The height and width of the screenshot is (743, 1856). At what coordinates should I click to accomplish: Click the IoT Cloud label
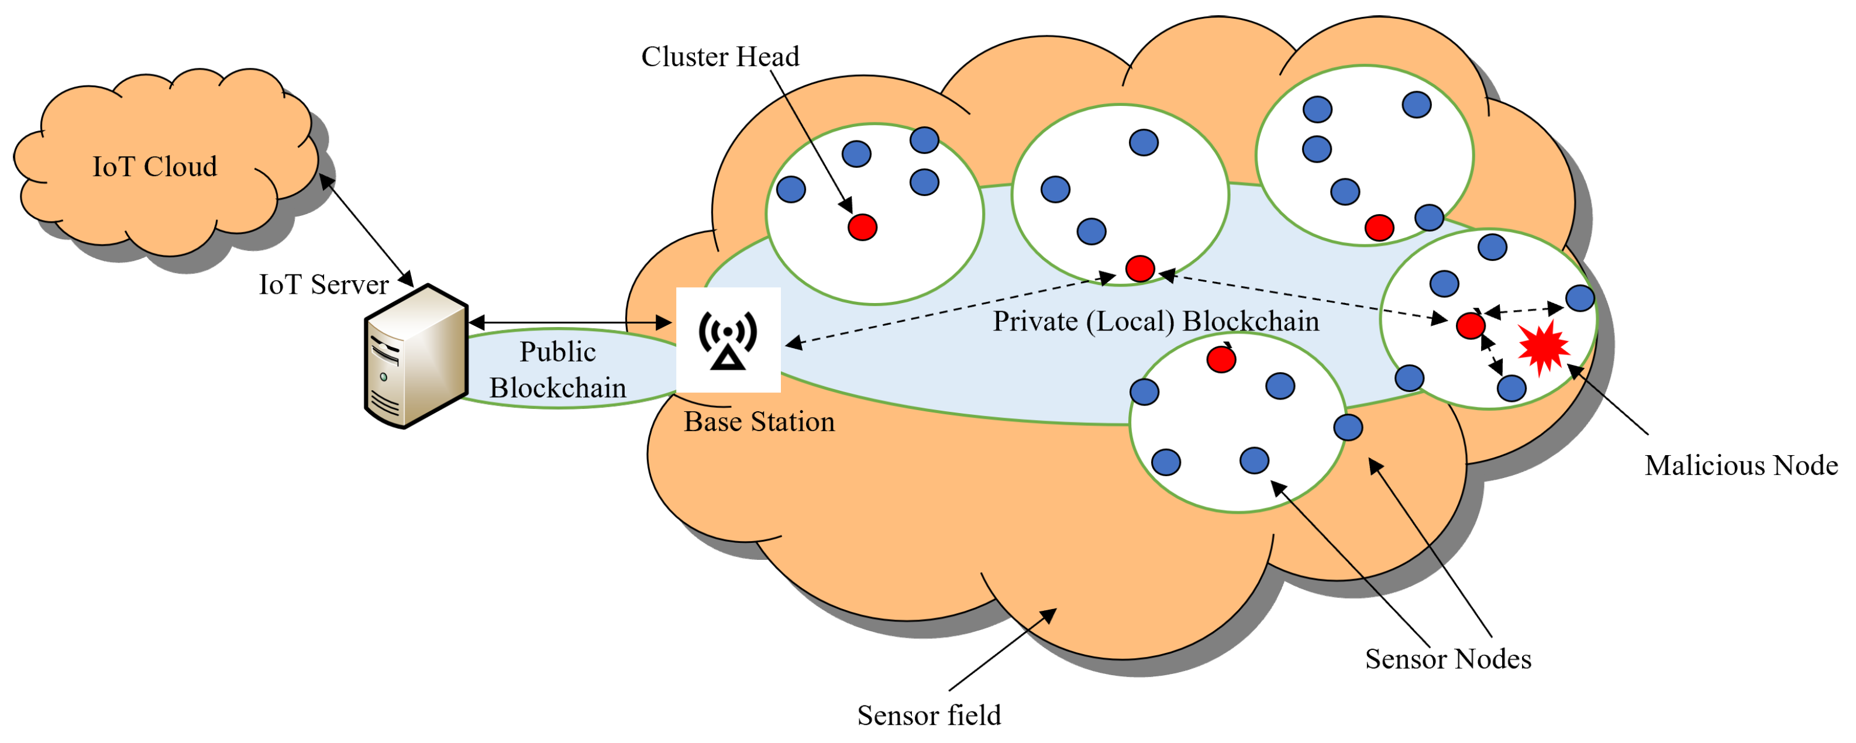(x=154, y=167)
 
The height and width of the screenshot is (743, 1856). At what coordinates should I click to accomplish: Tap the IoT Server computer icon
(x=416, y=357)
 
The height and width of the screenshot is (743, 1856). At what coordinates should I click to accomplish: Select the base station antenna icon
(x=728, y=339)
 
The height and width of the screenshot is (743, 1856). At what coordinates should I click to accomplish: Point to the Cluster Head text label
(x=720, y=56)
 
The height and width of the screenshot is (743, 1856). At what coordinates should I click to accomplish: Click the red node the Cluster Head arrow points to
(x=862, y=227)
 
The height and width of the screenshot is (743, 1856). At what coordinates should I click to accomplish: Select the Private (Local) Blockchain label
(x=1156, y=321)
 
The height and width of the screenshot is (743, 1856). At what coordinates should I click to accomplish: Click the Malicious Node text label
(x=1741, y=466)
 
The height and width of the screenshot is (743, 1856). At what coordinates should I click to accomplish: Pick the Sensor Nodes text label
(x=1448, y=659)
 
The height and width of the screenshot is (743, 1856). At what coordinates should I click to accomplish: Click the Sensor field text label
(x=929, y=715)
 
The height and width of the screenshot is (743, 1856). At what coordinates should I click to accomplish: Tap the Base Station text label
(x=759, y=422)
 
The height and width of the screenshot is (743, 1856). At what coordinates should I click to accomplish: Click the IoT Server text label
(x=323, y=285)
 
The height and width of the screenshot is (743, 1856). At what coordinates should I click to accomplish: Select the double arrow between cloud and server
(x=366, y=229)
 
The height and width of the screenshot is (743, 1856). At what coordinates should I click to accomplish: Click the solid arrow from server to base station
(x=569, y=323)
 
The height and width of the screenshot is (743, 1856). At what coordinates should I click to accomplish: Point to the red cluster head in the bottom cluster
(x=1221, y=359)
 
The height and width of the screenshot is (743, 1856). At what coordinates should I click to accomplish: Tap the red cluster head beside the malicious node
(x=1470, y=326)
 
